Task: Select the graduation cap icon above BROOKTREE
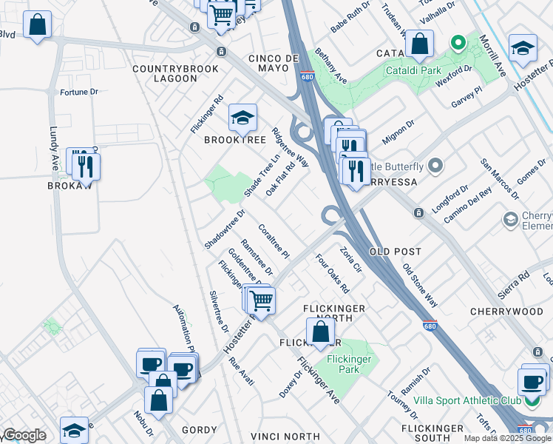pyautogui.click(x=242, y=118)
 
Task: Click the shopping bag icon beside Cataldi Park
pyautogui.click(x=419, y=45)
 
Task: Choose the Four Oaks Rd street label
pyautogui.click(x=332, y=274)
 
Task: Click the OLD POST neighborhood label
pyautogui.click(x=400, y=252)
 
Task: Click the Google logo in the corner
pyautogui.click(x=24, y=435)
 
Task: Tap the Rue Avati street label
pyautogui.click(x=242, y=371)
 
